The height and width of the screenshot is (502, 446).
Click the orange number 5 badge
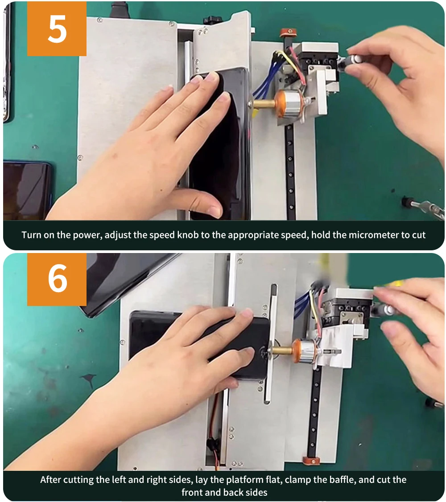pos(57,29)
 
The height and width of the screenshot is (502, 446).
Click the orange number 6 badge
pos(57,279)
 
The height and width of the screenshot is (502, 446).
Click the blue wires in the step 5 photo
pos(267,81)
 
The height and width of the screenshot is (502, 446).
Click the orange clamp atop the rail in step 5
pos(288,32)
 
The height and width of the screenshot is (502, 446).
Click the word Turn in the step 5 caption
pos(31,235)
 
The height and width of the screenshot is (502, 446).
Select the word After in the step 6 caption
pos(51,480)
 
